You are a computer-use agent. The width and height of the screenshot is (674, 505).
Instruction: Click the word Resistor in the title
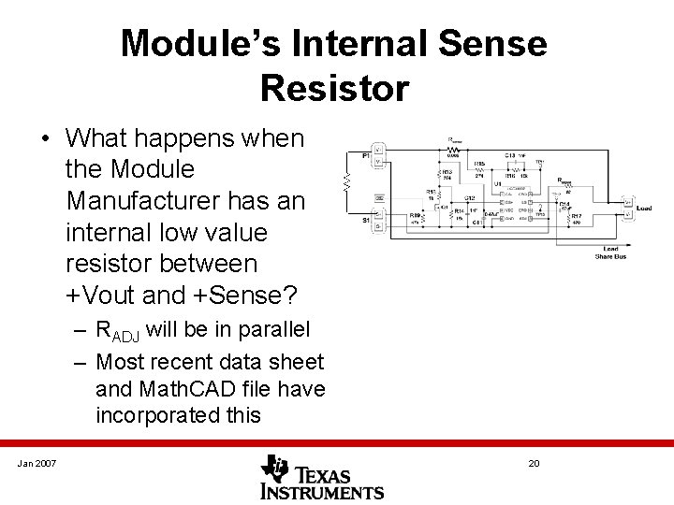(334, 88)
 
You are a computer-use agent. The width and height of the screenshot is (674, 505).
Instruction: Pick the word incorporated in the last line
(156, 414)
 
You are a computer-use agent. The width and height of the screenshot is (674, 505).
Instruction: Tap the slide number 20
(535, 464)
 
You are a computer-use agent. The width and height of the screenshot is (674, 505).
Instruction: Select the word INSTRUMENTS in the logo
(322, 491)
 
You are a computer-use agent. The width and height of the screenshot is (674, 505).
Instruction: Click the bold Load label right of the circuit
(644, 209)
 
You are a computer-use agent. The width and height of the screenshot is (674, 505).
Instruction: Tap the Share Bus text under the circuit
(610, 255)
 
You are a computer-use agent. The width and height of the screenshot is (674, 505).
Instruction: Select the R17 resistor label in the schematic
(576, 217)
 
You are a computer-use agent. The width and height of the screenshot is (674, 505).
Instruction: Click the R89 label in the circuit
(415, 215)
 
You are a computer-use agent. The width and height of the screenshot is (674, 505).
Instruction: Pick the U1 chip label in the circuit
(497, 183)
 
